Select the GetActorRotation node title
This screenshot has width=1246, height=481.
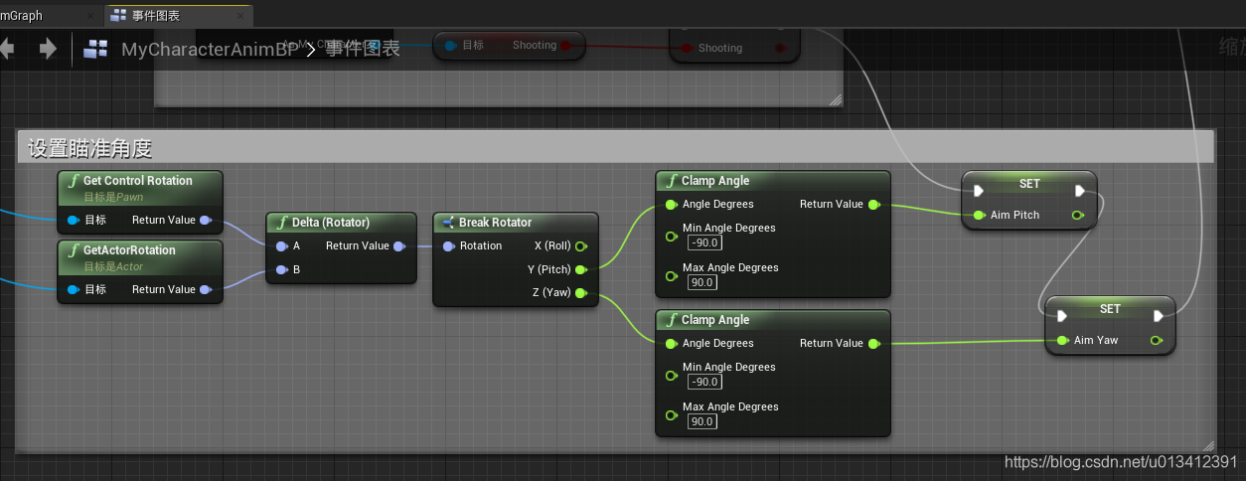tap(129, 250)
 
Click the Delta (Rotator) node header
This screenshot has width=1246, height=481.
tap(330, 223)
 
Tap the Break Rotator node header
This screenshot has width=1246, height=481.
tap(495, 223)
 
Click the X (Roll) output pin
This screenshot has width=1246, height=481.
tap(580, 245)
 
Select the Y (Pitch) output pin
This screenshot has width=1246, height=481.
tap(580, 269)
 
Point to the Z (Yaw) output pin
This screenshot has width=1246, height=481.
tap(580, 293)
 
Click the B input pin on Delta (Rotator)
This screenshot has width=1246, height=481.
tap(281, 269)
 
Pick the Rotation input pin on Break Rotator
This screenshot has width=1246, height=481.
tap(449, 245)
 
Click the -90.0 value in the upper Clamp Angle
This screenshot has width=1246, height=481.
tap(703, 242)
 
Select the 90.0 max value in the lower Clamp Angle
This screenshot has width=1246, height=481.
tap(701, 421)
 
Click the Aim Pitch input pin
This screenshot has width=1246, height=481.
tap(980, 215)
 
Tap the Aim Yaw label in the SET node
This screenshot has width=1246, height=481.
tap(1096, 340)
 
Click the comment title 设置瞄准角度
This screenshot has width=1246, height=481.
tap(89, 149)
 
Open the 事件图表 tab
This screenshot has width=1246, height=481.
tap(164, 16)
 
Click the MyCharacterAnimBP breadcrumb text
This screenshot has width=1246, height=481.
tap(210, 49)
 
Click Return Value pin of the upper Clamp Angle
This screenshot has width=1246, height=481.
tap(873, 205)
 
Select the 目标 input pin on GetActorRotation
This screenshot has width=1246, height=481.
tap(74, 289)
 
